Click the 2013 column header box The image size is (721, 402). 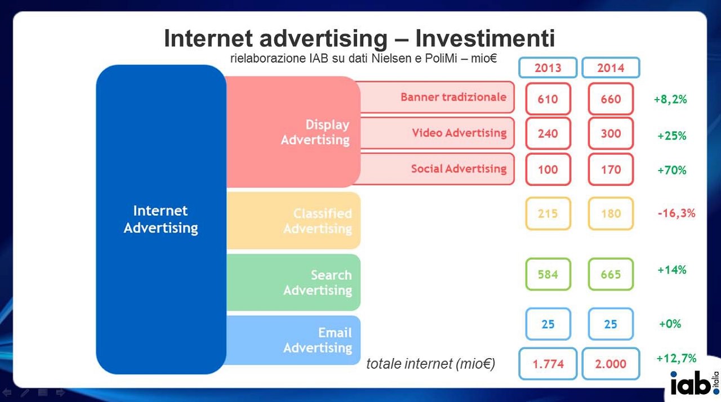click(548, 68)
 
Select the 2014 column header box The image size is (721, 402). click(611, 68)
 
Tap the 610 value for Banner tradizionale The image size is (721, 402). click(548, 99)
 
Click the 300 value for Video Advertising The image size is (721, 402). click(611, 133)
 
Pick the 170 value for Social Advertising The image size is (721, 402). click(611, 169)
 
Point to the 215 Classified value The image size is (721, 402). click(548, 213)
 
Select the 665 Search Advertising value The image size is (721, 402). click(611, 274)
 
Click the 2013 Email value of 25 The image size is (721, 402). click(548, 324)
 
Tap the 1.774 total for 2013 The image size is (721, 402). click(548, 364)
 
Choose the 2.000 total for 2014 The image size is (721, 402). click(611, 364)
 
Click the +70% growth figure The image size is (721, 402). click(672, 170)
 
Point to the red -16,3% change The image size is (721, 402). click(677, 213)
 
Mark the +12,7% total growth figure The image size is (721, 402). click(677, 358)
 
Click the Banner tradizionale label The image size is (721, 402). click(453, 97)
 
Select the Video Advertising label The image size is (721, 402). click(459, 132)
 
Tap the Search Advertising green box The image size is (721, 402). click(293, 283)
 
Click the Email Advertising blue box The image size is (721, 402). click(293, 340)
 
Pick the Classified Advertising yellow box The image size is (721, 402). click(293, 221)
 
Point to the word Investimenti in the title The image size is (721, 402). click(485, 38)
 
